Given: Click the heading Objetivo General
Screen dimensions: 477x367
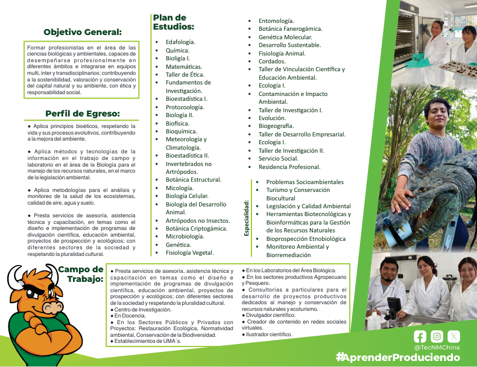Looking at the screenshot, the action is (x=83, y=32).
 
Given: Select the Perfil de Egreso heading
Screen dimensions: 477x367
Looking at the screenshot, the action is (x=83, y=113).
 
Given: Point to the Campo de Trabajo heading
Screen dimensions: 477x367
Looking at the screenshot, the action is (x=81, y=274).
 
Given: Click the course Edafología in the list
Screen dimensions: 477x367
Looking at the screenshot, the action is (x=180, y=42).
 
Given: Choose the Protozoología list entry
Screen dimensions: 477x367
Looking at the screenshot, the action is (x=185, y=107).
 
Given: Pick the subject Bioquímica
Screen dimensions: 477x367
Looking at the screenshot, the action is (x=181, y=131).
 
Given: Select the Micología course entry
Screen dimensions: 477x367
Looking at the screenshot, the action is (x=179, y=188).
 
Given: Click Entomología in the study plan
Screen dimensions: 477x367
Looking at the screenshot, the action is (x=276, y=21).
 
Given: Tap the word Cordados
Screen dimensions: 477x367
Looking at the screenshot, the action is (x=272, y=61).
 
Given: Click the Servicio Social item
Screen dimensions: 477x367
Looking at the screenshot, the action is (x=278, y=159).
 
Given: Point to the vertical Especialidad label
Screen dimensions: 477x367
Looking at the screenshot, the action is (x=247, y=217).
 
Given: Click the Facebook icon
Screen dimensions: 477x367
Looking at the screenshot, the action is (x=420, y=337).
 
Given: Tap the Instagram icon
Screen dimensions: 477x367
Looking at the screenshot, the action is (x=437, y=337).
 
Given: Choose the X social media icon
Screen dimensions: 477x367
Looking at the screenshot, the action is (x=453, y=337).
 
